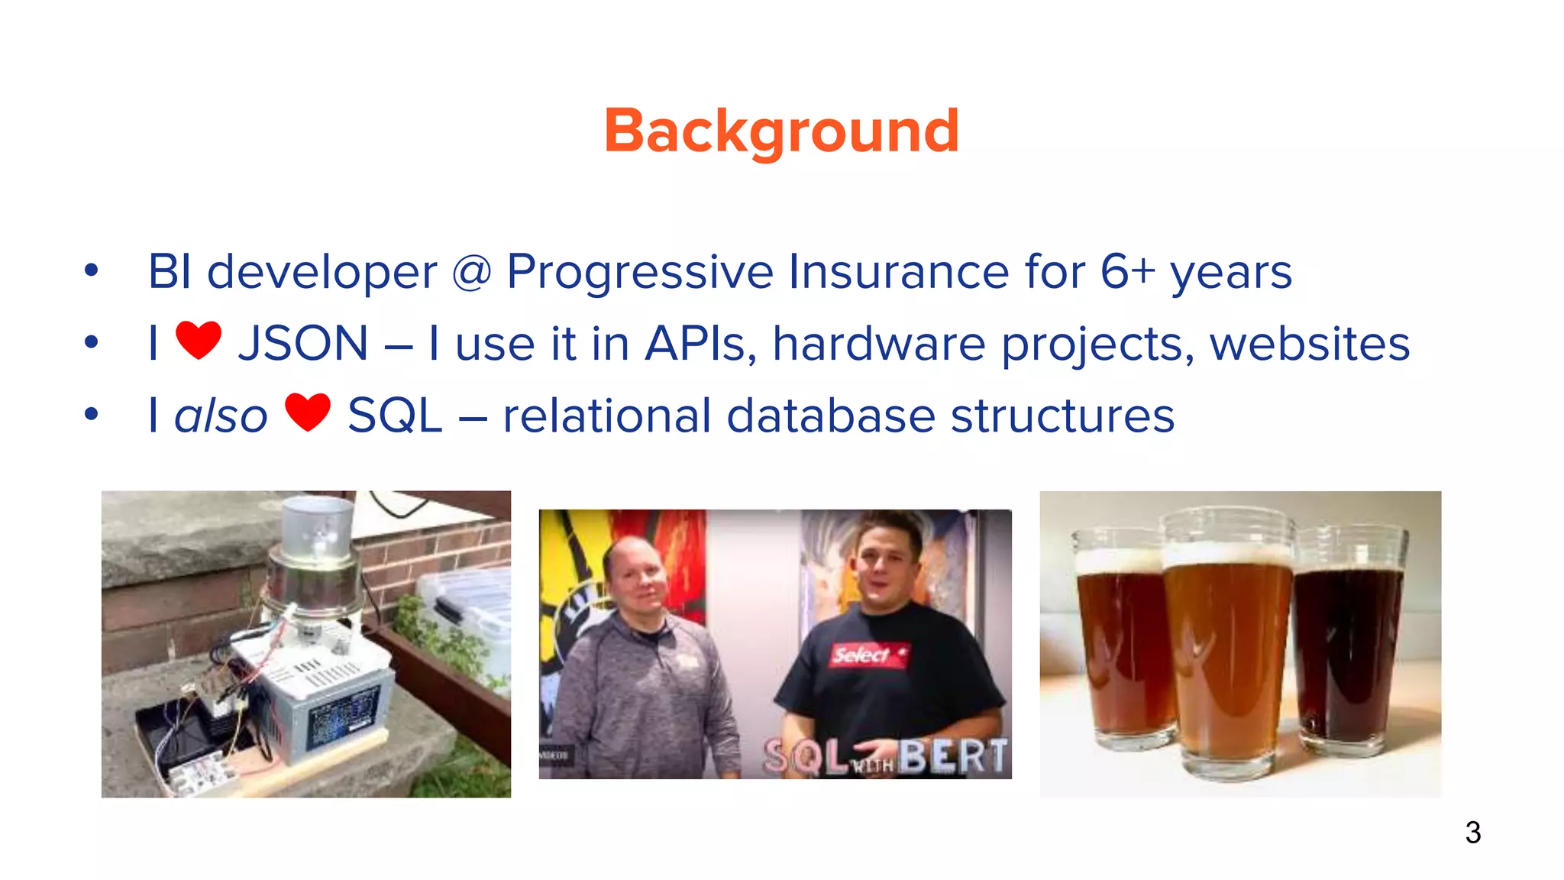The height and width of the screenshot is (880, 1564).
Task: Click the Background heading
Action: click(781, 131)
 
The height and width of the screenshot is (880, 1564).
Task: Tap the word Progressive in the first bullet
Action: click(640, 272)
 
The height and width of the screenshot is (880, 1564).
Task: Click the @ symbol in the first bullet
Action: click(471, 272)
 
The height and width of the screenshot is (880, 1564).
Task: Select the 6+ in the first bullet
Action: click(1127, 272)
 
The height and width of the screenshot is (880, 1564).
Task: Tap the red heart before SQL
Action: click(308, 412)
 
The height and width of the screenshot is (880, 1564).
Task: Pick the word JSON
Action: click(303, 344)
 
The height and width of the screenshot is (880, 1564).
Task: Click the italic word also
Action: click(221, 416)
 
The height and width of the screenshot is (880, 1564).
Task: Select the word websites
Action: click(1309, 344)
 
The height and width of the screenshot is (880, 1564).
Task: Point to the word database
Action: click(831, 416)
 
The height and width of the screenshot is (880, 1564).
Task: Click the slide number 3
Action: click(1472, 833)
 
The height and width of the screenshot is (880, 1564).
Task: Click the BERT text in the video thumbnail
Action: click(952, 756)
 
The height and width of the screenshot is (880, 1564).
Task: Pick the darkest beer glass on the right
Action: click(1349, 649)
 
